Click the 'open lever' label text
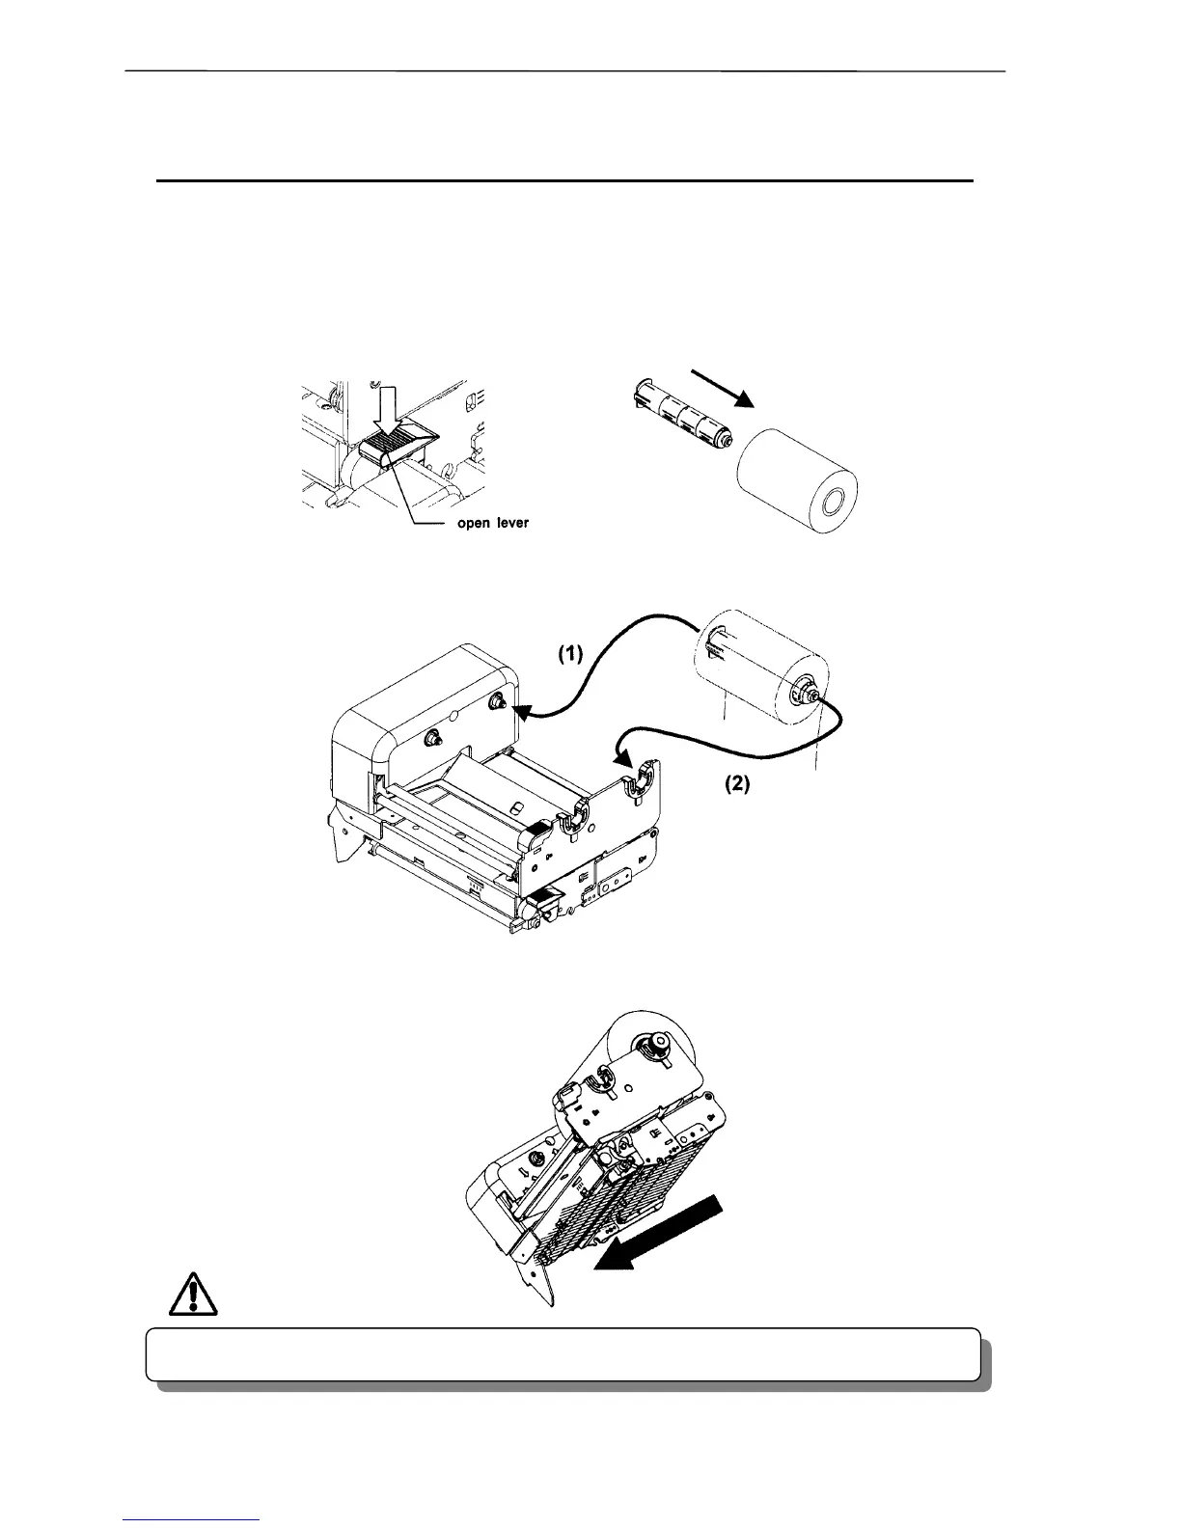(x=492, y=524)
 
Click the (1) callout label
(x=572, y=653)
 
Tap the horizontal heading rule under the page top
(x=564, y=180)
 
